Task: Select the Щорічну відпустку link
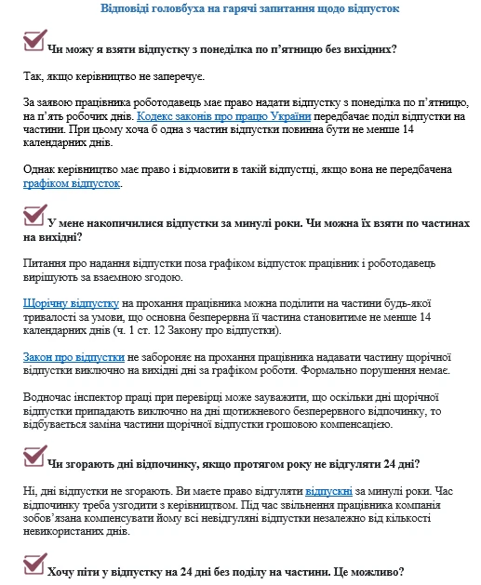point(71,303)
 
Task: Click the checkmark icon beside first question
point(33,41)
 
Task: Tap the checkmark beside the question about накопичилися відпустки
point(33,217)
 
